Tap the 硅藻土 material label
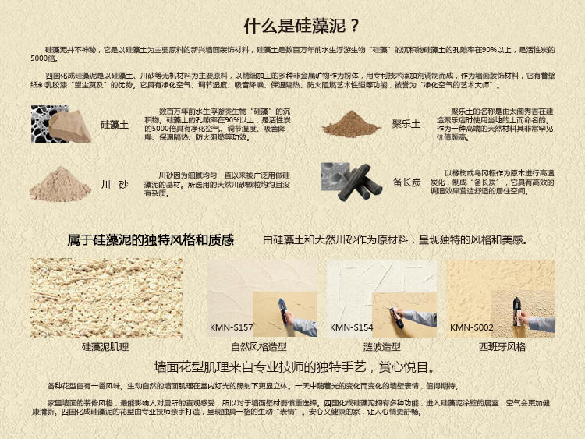pos(115,125)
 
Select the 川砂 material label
pos(115,184)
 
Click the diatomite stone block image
pos(69,127)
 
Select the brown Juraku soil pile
pos(350,124)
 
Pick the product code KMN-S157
pos(231,327)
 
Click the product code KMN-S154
pos(352,327)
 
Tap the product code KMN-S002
pos(472,327)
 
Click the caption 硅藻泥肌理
pos(105,346)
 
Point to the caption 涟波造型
pos(382,346)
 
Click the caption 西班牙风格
pos(502,346)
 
